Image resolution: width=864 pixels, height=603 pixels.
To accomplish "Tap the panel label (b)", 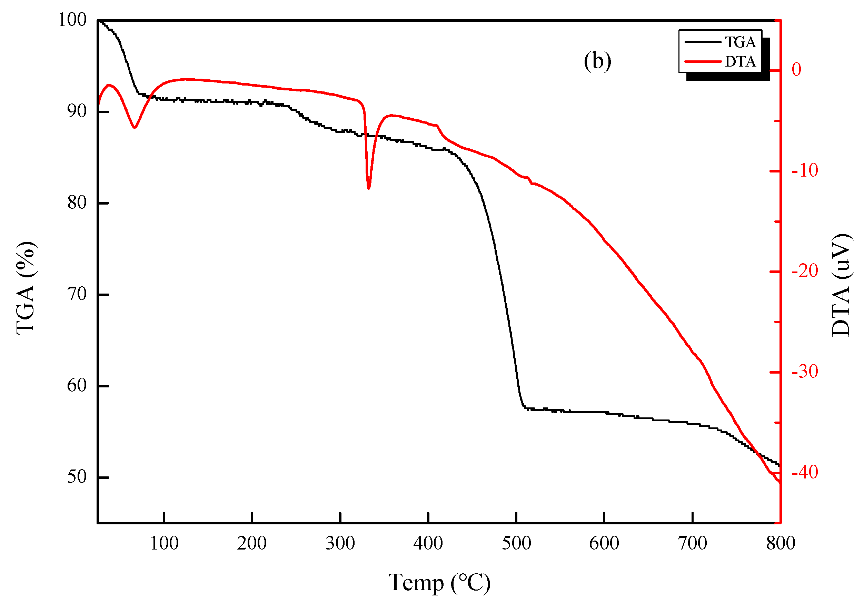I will pos(597,61).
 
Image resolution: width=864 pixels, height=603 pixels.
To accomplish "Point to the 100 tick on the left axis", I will pos(72,20).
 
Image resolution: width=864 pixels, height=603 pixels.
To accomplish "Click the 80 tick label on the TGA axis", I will pos(77,202).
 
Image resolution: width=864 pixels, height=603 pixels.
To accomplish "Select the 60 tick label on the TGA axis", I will pos(77,385).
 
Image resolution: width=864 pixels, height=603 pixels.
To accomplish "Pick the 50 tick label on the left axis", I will pos(77,477).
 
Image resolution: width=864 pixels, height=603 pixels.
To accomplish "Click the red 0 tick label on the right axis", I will pos(796,70).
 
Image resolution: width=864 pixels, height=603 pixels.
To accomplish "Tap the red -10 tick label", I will pos(805,170).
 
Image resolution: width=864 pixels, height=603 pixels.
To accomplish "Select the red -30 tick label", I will pos(805,372).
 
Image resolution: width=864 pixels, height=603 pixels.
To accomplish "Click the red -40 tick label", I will pos(805,472).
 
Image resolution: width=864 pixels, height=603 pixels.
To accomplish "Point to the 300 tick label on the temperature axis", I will pos(340,543).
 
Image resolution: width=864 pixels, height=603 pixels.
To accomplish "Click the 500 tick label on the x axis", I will pos(516,543).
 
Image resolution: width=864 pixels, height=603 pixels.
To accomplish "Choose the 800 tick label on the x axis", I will pos(781,543).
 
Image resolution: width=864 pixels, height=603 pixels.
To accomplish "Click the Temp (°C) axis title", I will pos(439,583).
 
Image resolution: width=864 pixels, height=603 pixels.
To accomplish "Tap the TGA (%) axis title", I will pos(26,288).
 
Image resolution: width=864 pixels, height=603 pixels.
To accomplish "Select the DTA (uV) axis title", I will pos(841,285).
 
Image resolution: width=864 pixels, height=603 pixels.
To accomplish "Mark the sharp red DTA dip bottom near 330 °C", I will pos(368,188).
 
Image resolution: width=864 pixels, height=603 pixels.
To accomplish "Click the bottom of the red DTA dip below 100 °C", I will pos(134,127).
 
